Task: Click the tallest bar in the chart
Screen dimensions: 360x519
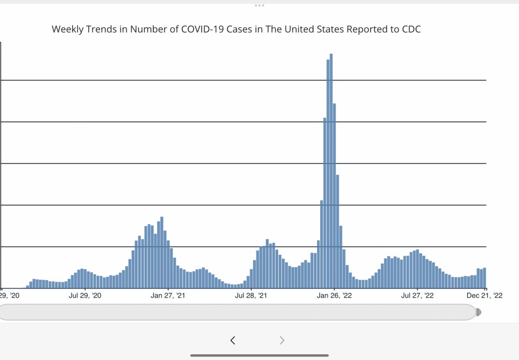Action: coord(331,171)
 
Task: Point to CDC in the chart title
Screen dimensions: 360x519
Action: coord(411,29)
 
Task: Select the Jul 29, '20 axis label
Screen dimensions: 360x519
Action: coord(85,296)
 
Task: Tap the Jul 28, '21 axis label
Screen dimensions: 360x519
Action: coord(251,296)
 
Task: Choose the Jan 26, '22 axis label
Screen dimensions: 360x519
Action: coord(334,296)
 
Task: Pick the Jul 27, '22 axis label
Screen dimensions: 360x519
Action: coord(417,296)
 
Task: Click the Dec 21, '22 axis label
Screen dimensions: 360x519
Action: coord(484,296)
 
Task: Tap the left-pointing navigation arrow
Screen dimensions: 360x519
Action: coord(233,340)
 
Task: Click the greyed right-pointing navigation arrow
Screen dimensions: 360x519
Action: coord(282,340)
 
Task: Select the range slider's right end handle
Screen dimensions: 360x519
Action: coord(478,312)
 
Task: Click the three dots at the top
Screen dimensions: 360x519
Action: coord(259,5)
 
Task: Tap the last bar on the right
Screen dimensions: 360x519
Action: coord(485,278)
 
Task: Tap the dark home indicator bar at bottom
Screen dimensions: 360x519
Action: coord(259,355)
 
